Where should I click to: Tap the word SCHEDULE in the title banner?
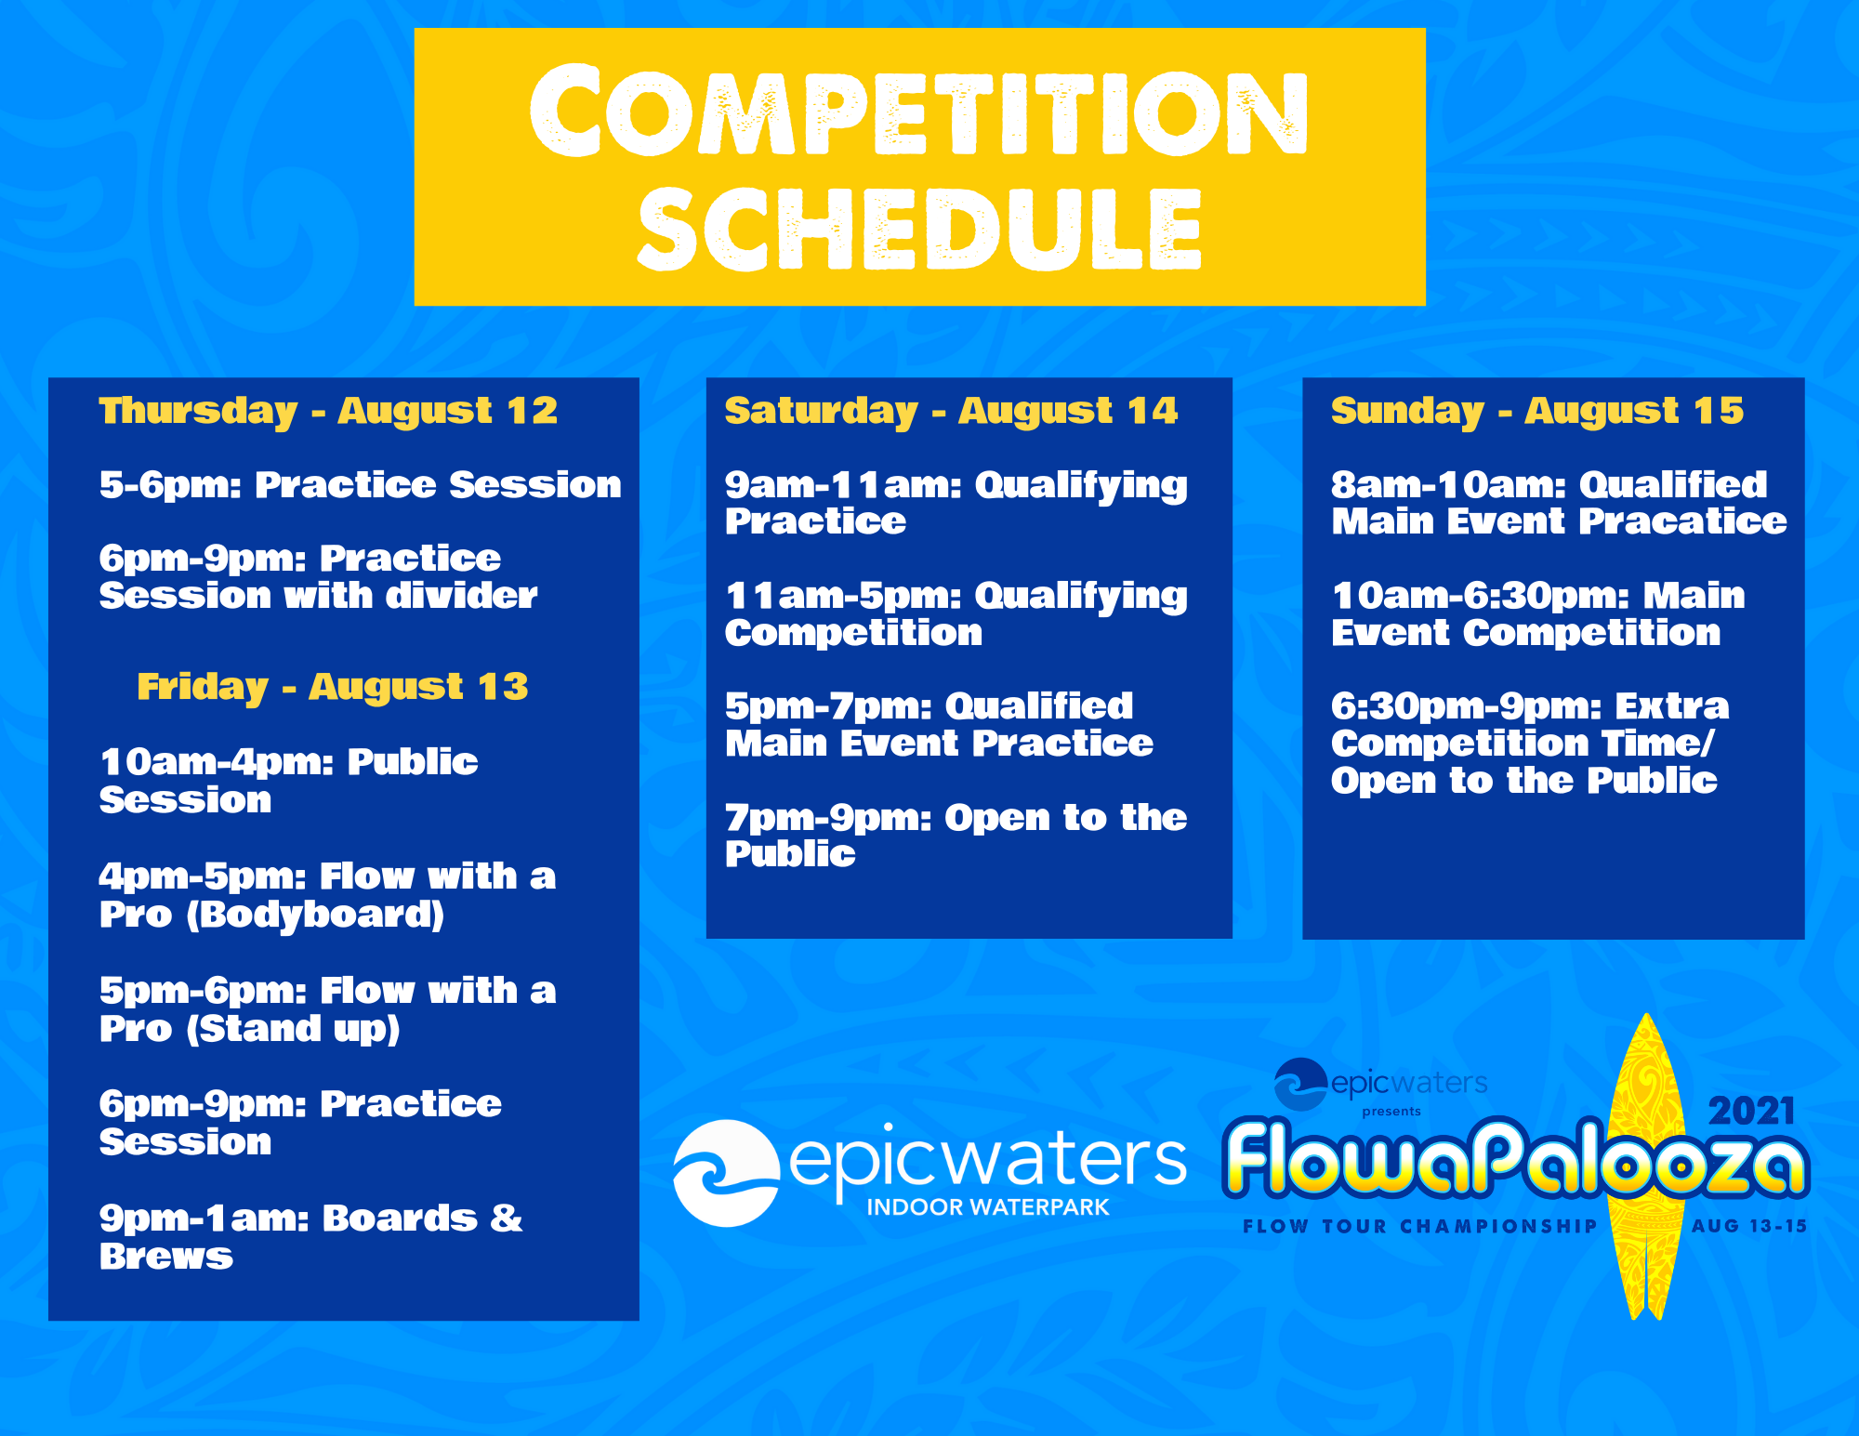(919, 229)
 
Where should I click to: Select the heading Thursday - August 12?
(328, 412)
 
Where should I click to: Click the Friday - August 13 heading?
(332, 687)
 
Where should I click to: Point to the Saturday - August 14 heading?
(951, 412)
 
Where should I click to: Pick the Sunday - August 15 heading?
(1537, 412)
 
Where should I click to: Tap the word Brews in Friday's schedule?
(166, 1257)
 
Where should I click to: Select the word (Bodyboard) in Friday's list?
(315, 916)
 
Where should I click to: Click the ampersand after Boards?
(507, 1218)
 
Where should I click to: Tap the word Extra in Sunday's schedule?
(1672, 706)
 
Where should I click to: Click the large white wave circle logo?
(726, 1173)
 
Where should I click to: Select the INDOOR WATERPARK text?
(988, 1207)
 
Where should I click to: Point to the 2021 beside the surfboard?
(1751, 1112)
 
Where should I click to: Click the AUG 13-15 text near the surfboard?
(1749, 1226)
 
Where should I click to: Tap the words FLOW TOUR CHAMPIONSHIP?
(1419, 1227)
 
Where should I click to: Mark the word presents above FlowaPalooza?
(1391, 1112)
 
